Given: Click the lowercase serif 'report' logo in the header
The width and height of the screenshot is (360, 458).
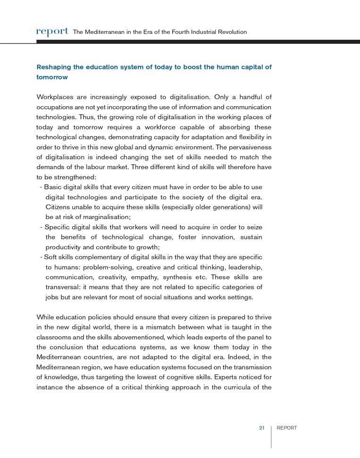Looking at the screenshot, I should coord(52,32).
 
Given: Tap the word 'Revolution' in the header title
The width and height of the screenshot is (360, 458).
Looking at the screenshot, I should coord(230,32).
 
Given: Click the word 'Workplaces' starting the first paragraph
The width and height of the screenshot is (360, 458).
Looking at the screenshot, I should coord(54,98).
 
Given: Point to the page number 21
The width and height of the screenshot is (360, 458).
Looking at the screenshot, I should coord(262,428).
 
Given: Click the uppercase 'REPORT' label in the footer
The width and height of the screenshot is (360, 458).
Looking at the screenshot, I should coord(287,428).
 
